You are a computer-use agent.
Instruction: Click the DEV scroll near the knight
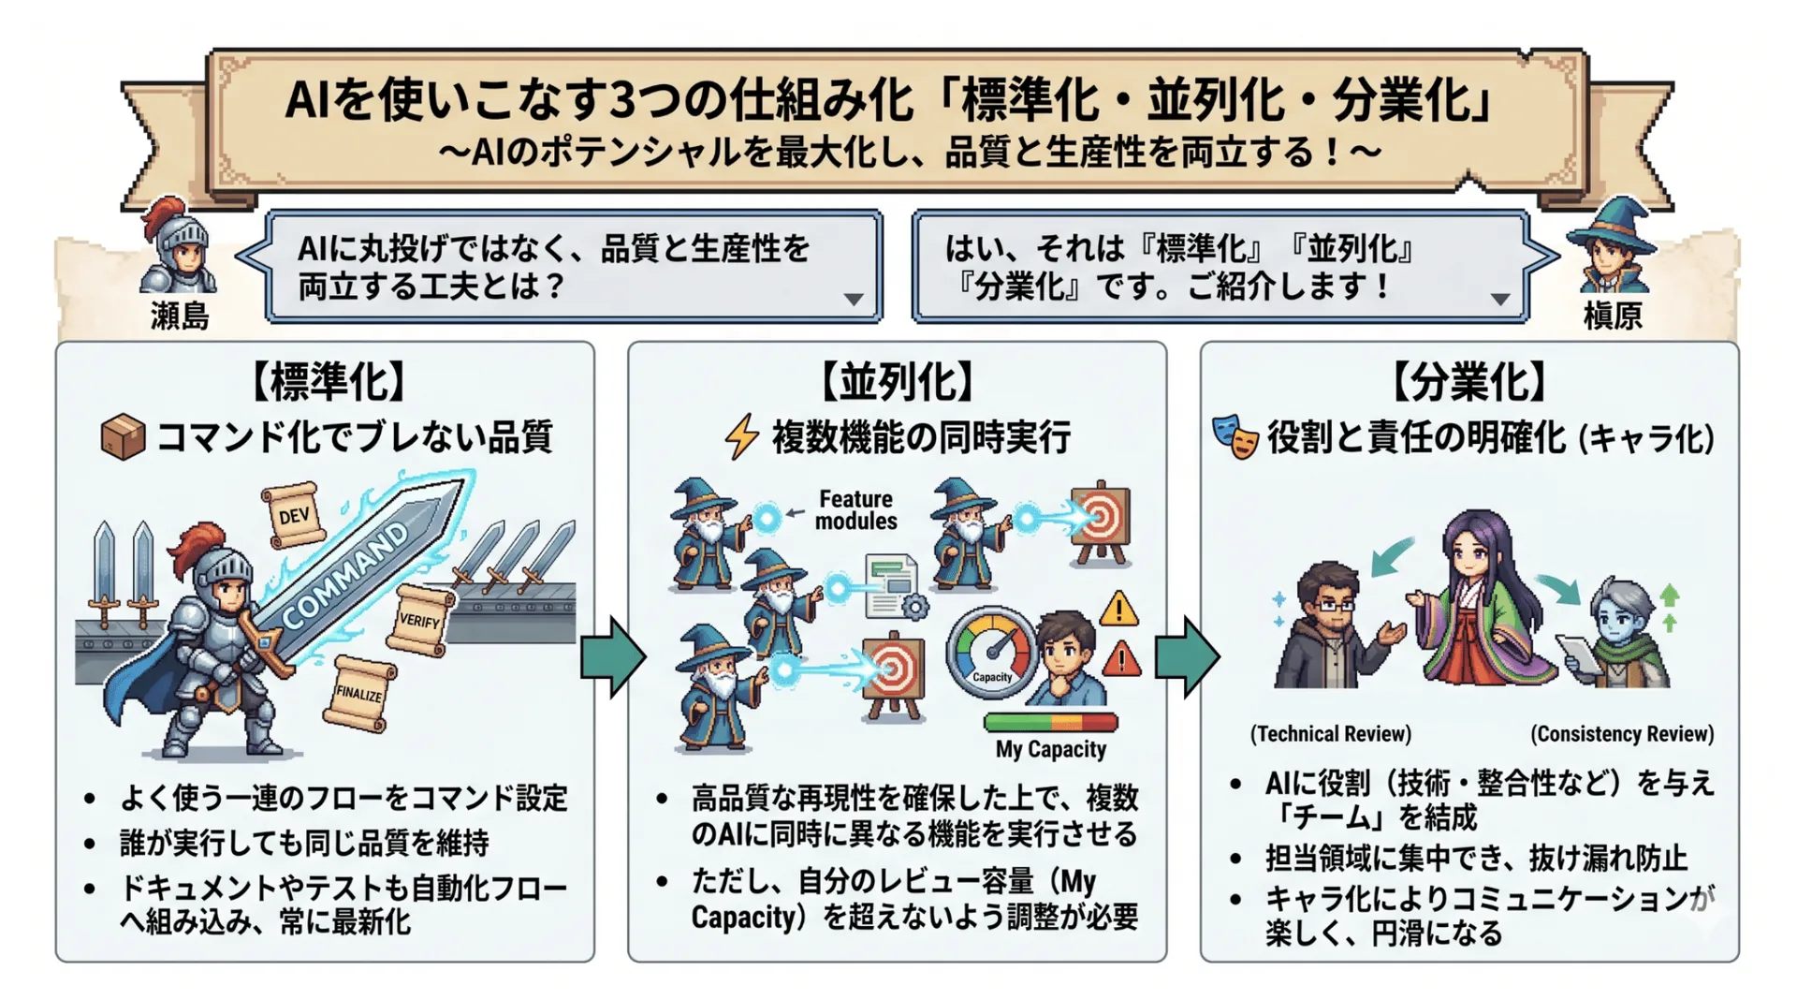[x=294, y=514]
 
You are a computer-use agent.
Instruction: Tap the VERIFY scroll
[x=419, y=620]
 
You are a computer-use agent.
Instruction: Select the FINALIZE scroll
[x=359, y=694]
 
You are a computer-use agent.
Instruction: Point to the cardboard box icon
[x=123, y=437]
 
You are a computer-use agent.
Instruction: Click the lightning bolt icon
[x=742, y=436]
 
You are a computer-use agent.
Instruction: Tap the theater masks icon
[x=1235, y=437]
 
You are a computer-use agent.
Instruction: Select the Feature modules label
[x=855, y=510]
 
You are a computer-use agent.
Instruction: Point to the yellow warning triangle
[x=1118, y=610]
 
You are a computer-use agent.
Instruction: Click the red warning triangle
[x=1121, y=659]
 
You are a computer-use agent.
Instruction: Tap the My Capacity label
[x=1050, y=749]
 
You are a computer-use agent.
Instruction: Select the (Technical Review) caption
[x=1330, y=734]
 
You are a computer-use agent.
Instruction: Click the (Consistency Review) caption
[x=1622, y=734]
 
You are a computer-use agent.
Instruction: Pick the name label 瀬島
[x=180, y=316]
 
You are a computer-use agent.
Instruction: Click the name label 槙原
[x=1613, y=316]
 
